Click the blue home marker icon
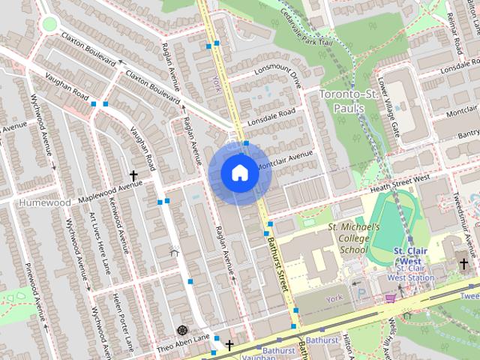point(238,172)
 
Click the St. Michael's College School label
point(354,238)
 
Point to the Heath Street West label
point(397,179)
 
